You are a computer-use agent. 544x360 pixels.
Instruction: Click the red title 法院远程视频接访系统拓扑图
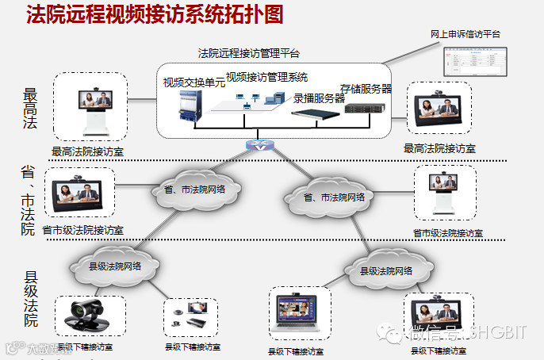[x=154, y=15]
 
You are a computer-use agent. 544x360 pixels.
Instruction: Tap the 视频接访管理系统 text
[x=266, y=77]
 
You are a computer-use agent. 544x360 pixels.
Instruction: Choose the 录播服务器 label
[x=319, y=98]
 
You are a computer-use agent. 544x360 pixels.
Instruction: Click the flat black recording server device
[x=316, y=113]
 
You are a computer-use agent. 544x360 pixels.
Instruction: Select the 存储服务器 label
[x=366, y=89]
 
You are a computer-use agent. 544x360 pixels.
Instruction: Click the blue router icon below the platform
[x=259, y=147]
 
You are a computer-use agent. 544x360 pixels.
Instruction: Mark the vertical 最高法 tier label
[x=30, y=108]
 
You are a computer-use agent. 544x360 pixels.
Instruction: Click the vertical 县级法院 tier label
[x=31, y=300]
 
